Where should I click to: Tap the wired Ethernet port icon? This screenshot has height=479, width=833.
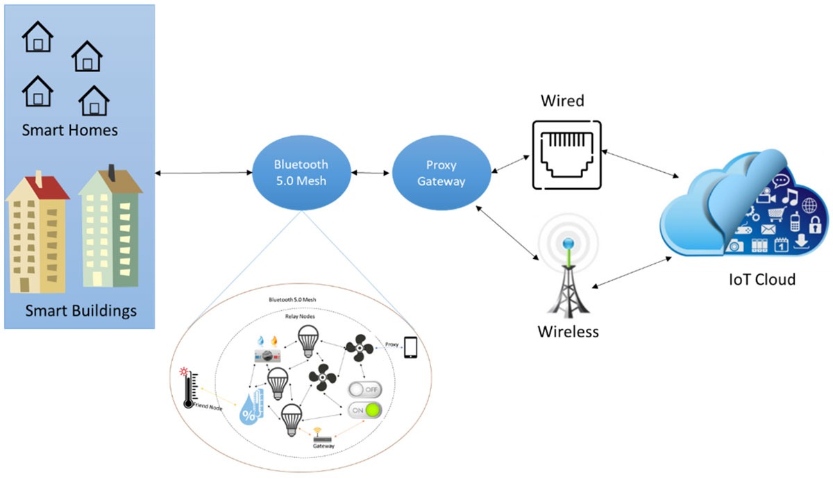pyautogui.click(x=566, y=155)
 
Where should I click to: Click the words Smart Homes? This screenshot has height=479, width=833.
pyautogui.click(x=69, y=131)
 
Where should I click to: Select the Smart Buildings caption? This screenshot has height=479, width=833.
pyautogui.click(x=81, y=310)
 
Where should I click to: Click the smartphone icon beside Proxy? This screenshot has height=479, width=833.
pyautogui.click(x=411, y=347)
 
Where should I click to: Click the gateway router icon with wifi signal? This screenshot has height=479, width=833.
pyautogui.click(x=319, y=437)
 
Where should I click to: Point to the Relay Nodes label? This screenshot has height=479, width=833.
pyautogui.click(x=301, y=315)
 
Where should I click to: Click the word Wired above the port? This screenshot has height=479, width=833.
pyautogui.click(x=562, y=101)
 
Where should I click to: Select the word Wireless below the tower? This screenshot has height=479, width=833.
pyautogui.click(x=568, y=331)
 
